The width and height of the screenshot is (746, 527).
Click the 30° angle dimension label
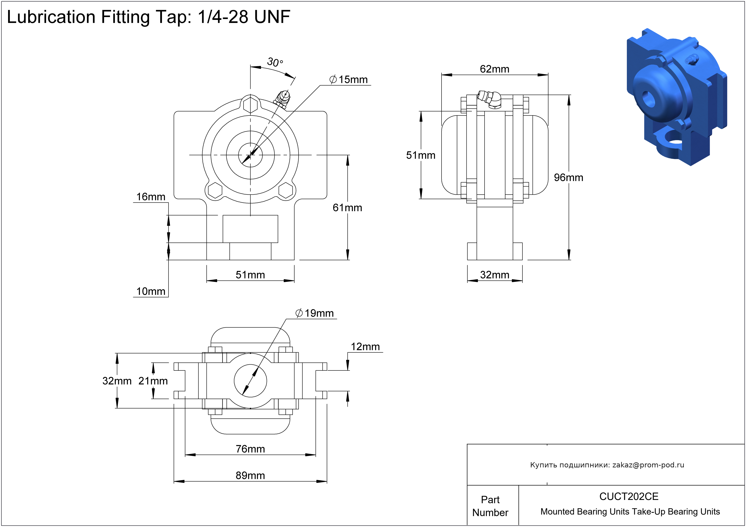click(x=275, y=62)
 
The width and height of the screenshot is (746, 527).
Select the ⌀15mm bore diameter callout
click(x=349, y=80)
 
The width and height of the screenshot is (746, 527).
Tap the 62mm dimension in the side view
click(x=495, y=69)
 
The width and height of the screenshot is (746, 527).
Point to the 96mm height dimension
click(x=568, y=177)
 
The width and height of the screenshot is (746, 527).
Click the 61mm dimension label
click(x=347, y=208)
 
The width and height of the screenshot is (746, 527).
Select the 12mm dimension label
click(x=365, y=347)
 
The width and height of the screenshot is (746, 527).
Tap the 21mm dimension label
click(x=153, y=381)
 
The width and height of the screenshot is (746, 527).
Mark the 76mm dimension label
click(x=250, y=449)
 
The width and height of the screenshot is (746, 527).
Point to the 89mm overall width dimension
click(x=250, y=475)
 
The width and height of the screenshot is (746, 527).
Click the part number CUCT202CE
click(x=629, y=496)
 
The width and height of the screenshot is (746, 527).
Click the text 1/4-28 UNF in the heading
click(x=244, y=17)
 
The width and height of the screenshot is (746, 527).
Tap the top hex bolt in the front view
click(x=250, y=105)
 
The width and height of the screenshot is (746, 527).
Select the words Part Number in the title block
click(x=490, y=506)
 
